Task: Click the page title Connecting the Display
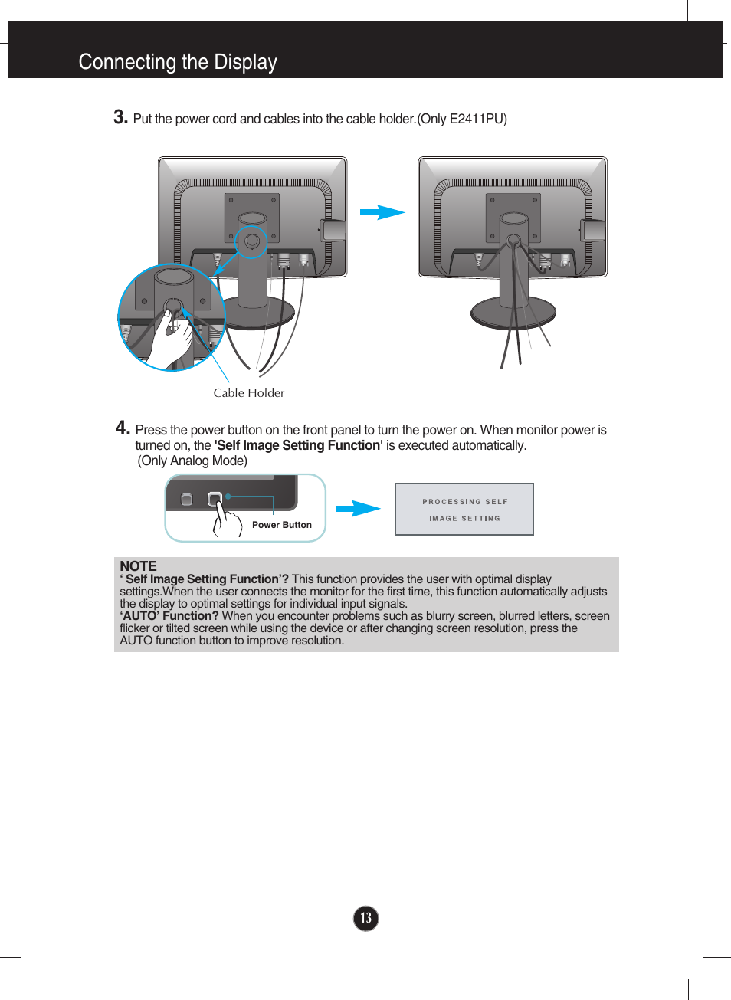point(178,62)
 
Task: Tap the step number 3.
point(120,117)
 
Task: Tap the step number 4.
point(123,428)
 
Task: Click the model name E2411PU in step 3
point(476,119)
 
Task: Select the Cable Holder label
point(248,393)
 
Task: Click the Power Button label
point(281,525)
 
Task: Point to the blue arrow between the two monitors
point(382,212)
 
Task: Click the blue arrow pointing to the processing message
point(357,508)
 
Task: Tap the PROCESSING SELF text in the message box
point(464,502)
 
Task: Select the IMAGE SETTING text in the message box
point(464,519)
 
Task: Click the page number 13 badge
point(365,918)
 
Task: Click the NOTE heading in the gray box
point(138,566)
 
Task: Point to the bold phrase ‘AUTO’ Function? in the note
point(169,616)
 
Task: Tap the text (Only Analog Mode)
point(192,461)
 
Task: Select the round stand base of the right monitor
point(513,313)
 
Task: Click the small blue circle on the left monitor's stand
point(251,242)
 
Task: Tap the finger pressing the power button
point(221,515)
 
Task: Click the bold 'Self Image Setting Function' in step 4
point(298,445)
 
